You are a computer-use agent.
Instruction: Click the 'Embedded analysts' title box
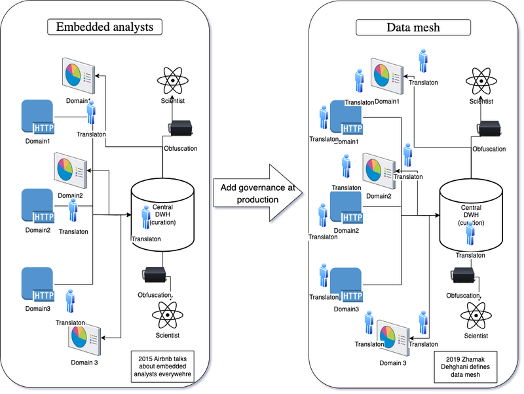tap(105, 27)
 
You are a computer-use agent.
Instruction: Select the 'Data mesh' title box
tap(413, 27)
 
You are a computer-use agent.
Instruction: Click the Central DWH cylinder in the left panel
tap(163, 210)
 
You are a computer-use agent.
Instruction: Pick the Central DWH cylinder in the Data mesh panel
tap(471, 210)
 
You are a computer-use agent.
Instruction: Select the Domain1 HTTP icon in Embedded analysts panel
tap(38, 117)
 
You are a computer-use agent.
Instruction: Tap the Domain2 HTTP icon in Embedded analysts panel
tap(38, 206)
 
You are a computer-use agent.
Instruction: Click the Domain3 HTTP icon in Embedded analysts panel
tap(38, 285)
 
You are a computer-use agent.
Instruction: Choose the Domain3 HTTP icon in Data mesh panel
tap(346, 285)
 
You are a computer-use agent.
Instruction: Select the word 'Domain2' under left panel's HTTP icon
tap(37, 230)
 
